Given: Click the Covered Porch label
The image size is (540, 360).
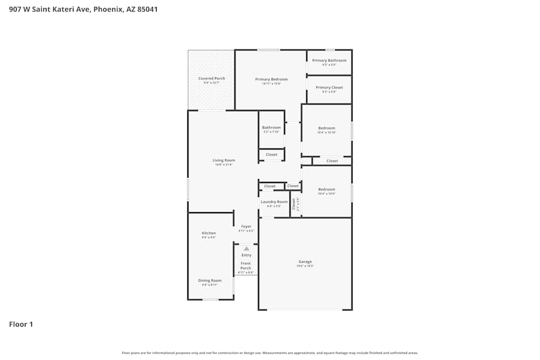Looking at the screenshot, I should pyautogui.click(x=212, y=78).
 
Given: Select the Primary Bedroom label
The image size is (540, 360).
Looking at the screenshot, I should pyautogui.click(x=272, y=79).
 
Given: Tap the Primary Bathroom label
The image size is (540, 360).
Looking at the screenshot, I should pyautogui.click(x=329, y=60).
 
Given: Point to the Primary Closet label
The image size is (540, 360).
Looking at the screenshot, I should pyautogui.click(x=329, y=87).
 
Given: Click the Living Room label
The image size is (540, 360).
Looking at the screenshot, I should pyautogui.click(x=224, y=160).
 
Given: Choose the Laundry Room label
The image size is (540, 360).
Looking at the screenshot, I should pyautogui.click(x=274, y=202).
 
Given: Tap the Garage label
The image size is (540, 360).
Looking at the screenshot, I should pyautogui.click(x=305, y=262).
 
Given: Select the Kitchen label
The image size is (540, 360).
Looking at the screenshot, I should pyautogui.click(x=209, y=233).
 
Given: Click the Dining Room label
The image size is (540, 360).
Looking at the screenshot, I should pyautogui.click(x=210, y=281).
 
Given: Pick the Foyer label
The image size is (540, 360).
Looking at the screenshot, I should pyautogui.click(x=246, y=227).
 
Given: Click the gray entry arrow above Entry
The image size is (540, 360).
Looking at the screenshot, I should pyautogui.click(x=246, y=248).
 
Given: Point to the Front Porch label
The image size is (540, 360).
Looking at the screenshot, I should pyautogui.click(x=246, y=266).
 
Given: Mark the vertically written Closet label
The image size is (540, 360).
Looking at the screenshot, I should pyautogui.click(x=294, y=203).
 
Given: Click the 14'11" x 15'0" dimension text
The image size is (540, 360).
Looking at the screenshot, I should pyautogui.click(x=272, y=84).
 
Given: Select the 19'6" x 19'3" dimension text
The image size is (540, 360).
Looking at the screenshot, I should pyautogui.click(x=305, y=266).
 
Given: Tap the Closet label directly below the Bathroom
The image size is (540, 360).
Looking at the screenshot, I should pyautogui.click(x=272, y=155).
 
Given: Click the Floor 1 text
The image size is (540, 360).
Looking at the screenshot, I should pyautogui.click(x=21, y=324).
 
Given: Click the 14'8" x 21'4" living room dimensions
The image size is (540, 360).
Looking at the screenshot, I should pyautogui.click(x=224, y=165).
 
